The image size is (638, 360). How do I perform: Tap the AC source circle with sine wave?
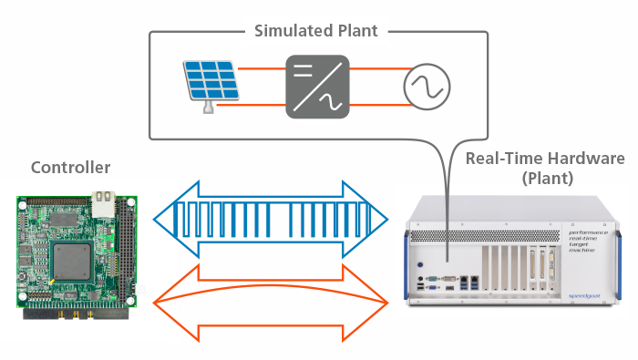point(426,87)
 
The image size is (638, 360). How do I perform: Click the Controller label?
point(70,168)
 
